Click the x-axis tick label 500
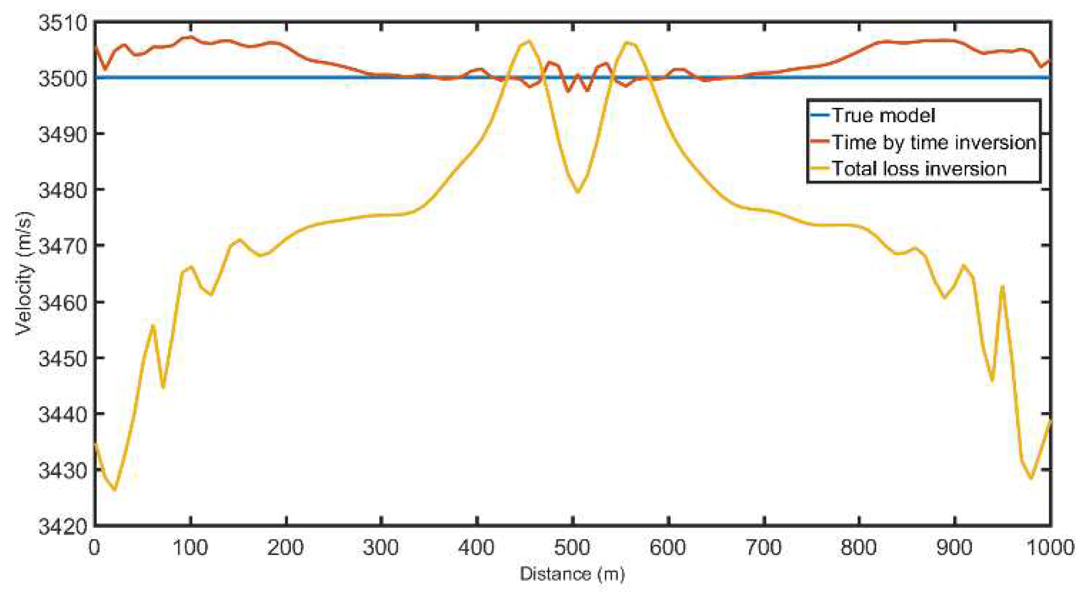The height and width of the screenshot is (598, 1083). click(x=572, y=548)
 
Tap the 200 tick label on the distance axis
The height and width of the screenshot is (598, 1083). click(x=286, y=548)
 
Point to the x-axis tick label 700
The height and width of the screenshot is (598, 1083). click(x=763, y=548)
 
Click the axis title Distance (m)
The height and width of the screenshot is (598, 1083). click(x=572, y=574)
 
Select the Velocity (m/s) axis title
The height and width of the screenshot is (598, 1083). click(x=24, y=273)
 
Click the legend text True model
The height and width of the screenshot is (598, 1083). click(x=883, y=115)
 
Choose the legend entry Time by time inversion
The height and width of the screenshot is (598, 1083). click(x=933, y=142)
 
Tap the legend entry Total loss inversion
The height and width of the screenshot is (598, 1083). click(x=919, y=169)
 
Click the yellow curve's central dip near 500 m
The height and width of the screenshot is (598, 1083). click(x=578, y=192)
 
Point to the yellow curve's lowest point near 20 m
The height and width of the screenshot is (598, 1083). click(x=115, y=490)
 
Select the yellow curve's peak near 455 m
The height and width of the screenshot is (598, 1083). click(x=529, y=41)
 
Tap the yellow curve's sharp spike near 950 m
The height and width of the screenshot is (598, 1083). click(x=1002, y=286)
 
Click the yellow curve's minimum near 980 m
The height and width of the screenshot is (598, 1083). click(x=1031, y=478)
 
